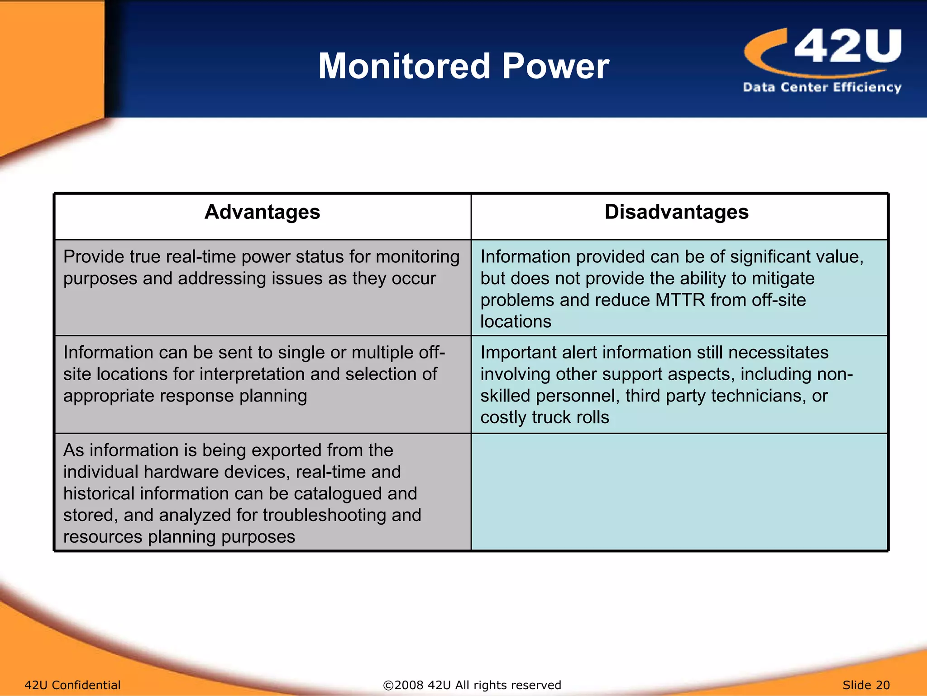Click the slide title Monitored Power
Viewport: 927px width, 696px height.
(463, 66)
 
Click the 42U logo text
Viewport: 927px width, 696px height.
(847, 46)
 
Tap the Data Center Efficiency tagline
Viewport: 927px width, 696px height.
(822, 87)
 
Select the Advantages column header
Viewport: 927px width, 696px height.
(262, 212)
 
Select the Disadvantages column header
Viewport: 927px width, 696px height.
(676, 212)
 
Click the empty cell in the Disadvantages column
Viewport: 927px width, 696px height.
(679, 492)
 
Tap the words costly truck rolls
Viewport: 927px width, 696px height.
(545, 417)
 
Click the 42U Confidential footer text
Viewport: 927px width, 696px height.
(72, 685)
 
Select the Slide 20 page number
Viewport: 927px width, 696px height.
(866, 685)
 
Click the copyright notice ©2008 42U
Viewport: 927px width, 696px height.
(472, 685)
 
